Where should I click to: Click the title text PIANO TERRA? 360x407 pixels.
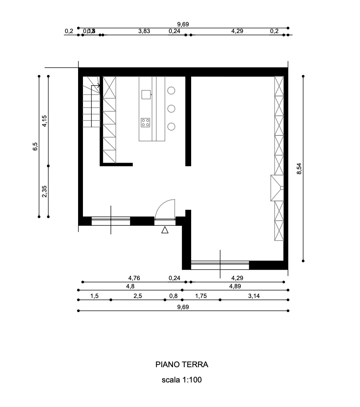click(181, 365)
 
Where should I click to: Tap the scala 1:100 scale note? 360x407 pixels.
click(181, 380)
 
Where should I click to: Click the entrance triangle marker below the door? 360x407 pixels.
click(165, 230)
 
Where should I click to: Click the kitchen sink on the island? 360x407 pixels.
click(146, 94)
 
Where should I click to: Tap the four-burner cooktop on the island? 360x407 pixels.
click(145, 122)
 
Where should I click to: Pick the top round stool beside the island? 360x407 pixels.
click(171, 90)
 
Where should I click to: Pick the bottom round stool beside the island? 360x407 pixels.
click(171, 126)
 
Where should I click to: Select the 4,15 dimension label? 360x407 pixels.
click(45, 121)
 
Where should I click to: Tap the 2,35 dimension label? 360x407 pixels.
click(45, 191)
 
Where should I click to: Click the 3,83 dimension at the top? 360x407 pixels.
click(144, 31)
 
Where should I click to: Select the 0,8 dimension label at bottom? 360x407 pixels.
click(173, 296)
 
